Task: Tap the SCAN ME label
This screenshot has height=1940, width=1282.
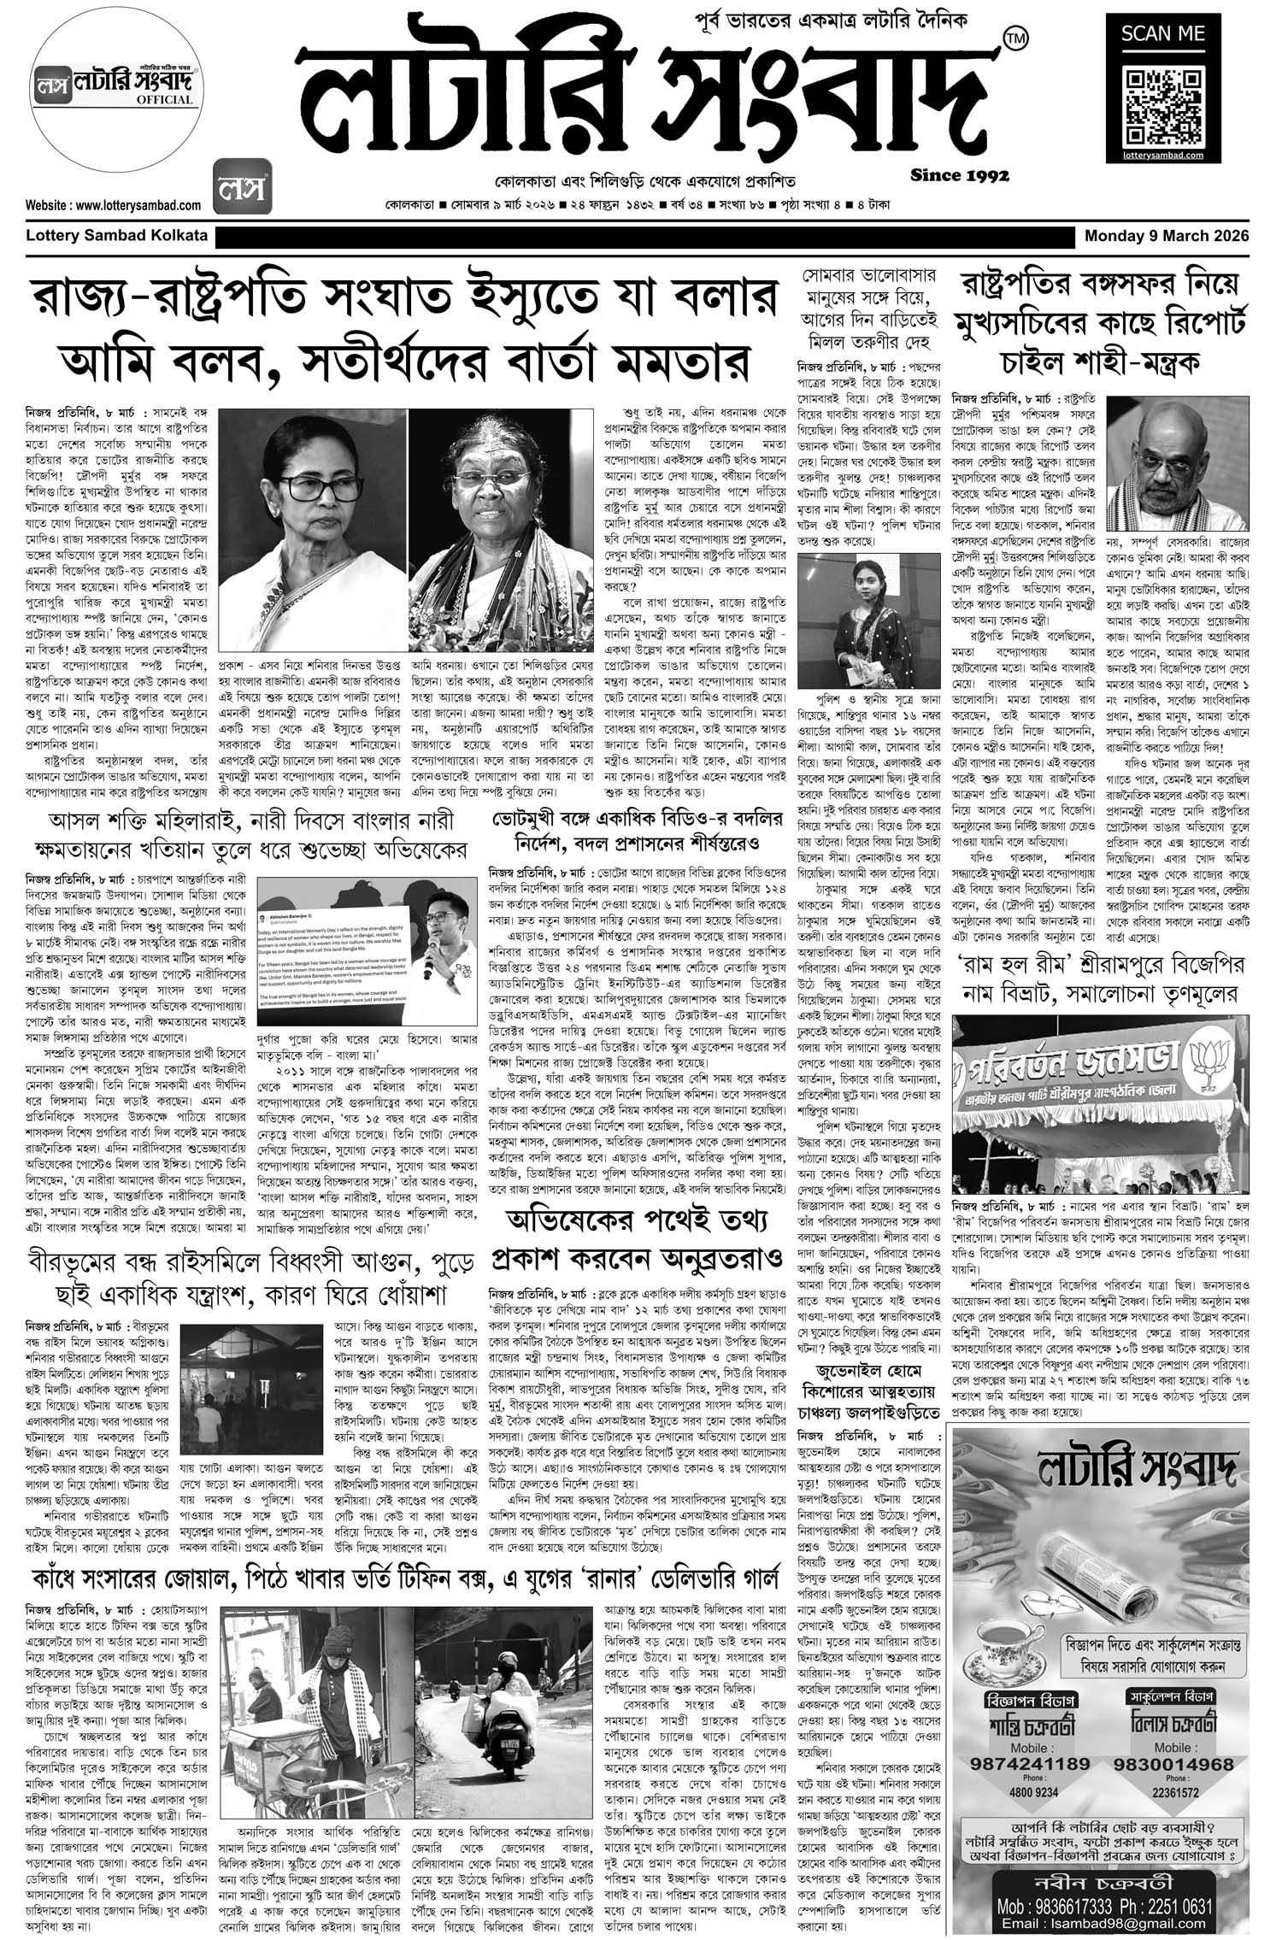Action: click(1164, 34)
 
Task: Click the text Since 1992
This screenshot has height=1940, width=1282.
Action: click(960, 176)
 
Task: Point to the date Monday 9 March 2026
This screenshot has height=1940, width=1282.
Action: click(1167, 236)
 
